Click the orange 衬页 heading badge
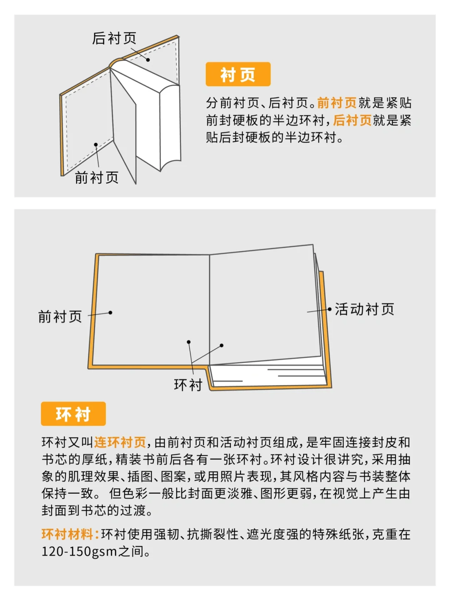coord(238,75)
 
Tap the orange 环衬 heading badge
coord(73,414)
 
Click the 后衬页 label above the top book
coord(114,38)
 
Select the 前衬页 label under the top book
coord(97,177)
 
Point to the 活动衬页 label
coord(365,309)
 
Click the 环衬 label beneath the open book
coord(188,385)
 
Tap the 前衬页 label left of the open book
coord(60,317)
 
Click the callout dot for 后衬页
coord(148,60)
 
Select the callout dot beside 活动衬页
coord(330,309)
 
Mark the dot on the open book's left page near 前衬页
coord(110,312)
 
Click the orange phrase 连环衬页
coord(120,442)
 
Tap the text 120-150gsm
coord(79,552)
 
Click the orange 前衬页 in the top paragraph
coord(337,102)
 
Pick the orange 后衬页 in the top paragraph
coord(352,120)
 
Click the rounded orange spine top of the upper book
coord(117,63)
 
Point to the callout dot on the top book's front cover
coord(96,145)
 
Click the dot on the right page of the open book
coord(222,345)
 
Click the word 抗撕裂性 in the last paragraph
coord(212,534)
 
